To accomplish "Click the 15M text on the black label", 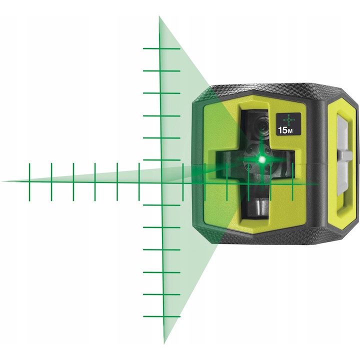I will [285, 131].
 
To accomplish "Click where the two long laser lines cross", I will [161, 181].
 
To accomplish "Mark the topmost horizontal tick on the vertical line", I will [161, 48].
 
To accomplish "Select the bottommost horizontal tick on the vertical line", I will [161, 316].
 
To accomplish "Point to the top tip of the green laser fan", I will [159, 17].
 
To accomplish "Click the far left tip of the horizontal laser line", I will [4, 181].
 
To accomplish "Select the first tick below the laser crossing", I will [161, 204].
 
